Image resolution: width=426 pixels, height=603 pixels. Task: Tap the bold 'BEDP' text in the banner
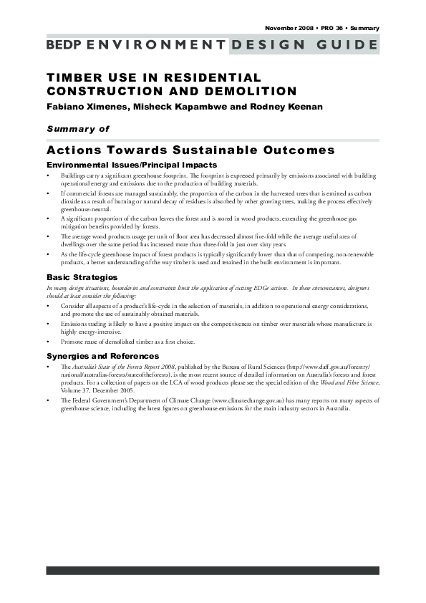tap(64, 45)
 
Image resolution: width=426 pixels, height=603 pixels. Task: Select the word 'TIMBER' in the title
tap(72, 77)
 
